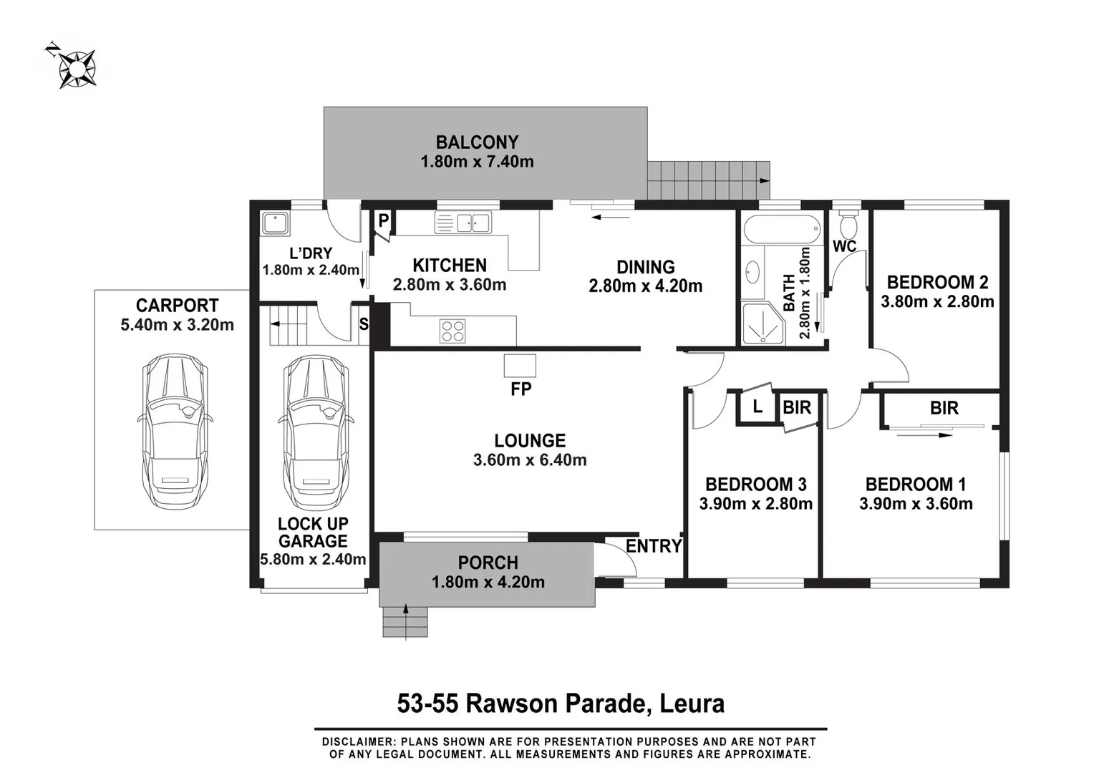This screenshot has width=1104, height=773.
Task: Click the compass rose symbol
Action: pos(77,69)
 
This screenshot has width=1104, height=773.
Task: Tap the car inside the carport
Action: pos(175,432)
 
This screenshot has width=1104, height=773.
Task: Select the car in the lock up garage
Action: pos(316,432)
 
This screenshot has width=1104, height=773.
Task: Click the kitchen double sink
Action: pos(463,223)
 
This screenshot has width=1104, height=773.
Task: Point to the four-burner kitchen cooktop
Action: pos(453,331)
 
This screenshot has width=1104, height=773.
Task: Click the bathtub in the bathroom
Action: pos(782,228)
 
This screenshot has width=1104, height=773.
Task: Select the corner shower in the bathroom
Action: pos(763,324)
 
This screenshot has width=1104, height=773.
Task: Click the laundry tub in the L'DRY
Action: pos(276,223)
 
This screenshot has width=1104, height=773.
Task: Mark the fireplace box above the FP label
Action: pos(520,366)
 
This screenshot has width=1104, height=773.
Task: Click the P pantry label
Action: pos(384,220)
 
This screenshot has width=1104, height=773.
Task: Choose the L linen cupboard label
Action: pos(757,407)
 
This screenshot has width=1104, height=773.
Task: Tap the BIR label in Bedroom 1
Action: pos(944,408)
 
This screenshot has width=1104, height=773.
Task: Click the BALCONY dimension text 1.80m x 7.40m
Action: pos(477,162)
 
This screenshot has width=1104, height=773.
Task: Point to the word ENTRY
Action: pos(654,546)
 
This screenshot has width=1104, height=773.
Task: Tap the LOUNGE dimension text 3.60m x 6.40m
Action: pos(530,460)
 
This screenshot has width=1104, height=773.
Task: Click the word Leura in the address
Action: pos(692,704)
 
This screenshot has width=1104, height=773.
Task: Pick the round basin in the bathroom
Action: pos(752,272)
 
